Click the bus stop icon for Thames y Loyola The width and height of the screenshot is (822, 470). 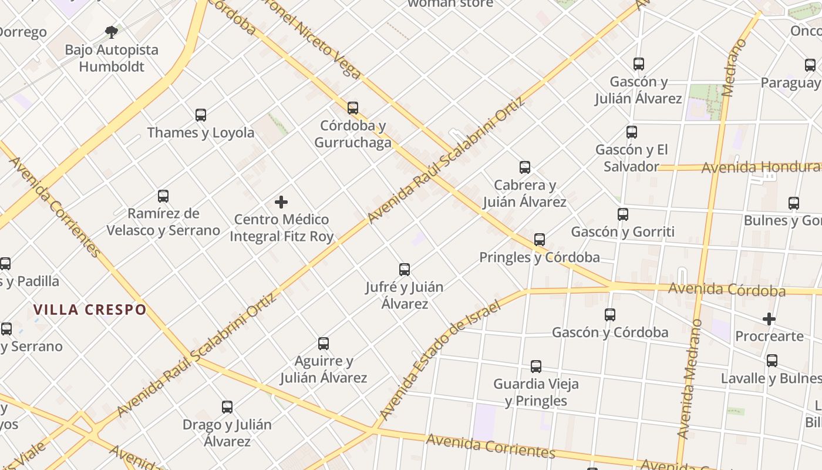pos(201,115)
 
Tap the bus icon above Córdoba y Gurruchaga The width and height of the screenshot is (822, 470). pos(353,108)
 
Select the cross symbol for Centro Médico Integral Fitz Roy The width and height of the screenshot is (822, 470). pos(281,203)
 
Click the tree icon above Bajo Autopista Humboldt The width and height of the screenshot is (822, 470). pos(112,32)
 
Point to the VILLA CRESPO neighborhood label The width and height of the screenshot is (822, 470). pos(90,310)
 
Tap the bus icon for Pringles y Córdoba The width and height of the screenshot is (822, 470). pos(540,240)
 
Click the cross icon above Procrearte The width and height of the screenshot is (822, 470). pos(769,319)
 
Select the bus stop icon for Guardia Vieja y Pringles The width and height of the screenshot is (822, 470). pos(536,367)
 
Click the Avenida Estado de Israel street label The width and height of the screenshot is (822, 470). pos(440,361)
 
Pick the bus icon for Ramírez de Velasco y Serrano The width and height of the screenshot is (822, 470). pos(163,196)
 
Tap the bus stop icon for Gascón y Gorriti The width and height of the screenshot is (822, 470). pos(623,214)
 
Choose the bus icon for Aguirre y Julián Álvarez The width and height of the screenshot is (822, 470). pos(324,344)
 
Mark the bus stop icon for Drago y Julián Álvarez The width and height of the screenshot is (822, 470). pos(227,407)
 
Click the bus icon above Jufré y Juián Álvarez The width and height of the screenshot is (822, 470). pos(405,270)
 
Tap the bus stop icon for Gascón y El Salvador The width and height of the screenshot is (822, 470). pos(632,132)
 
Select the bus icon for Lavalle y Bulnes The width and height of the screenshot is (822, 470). pos(772,361)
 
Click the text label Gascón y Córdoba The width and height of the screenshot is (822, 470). pos(610,333)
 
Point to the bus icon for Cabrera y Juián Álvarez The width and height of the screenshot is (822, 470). pos(525,167)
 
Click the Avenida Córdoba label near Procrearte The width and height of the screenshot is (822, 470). pos(727,290)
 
